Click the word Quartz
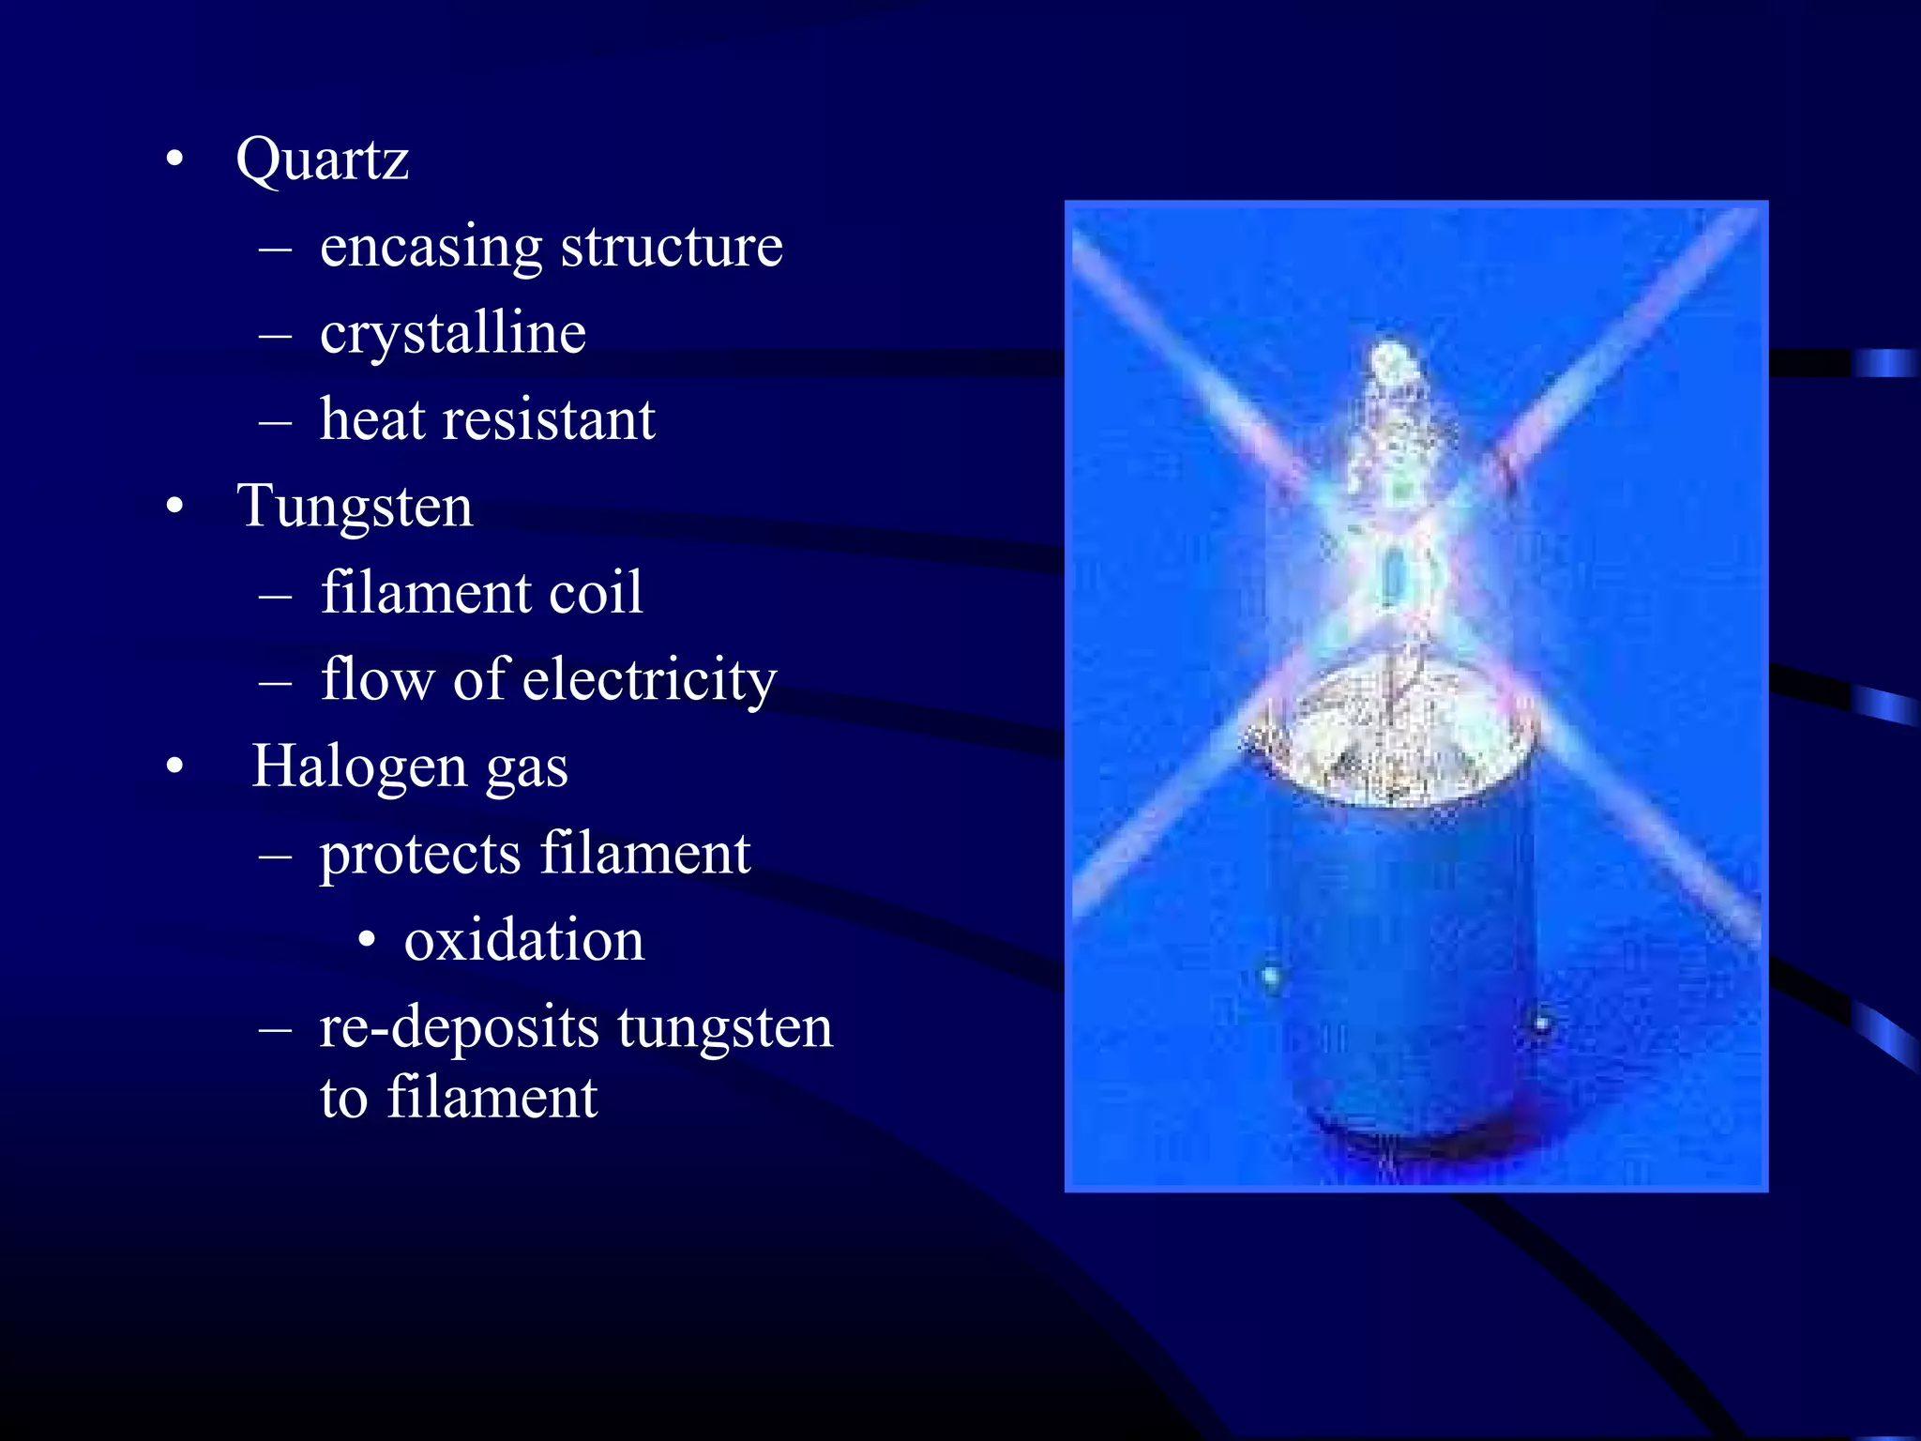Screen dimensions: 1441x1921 coord(322,159)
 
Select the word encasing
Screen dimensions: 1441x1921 coord(431,248)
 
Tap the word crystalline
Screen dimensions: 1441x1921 coord(452,333)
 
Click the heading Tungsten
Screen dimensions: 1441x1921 coord(355,507)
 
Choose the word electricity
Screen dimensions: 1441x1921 coord(649,679)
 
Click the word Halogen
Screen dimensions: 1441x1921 coord(359,766)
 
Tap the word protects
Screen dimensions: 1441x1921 coord(419,855)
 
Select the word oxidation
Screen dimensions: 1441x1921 coord(524,940)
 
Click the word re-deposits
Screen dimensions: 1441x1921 coord(459,1027)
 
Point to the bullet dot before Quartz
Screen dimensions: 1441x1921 coord(174,160)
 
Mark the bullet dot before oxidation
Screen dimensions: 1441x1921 coord(368,940)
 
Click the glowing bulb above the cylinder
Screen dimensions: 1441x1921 coord(1395,507)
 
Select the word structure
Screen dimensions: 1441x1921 coord(672,248)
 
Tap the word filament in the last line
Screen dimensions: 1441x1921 coord(492,1098)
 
